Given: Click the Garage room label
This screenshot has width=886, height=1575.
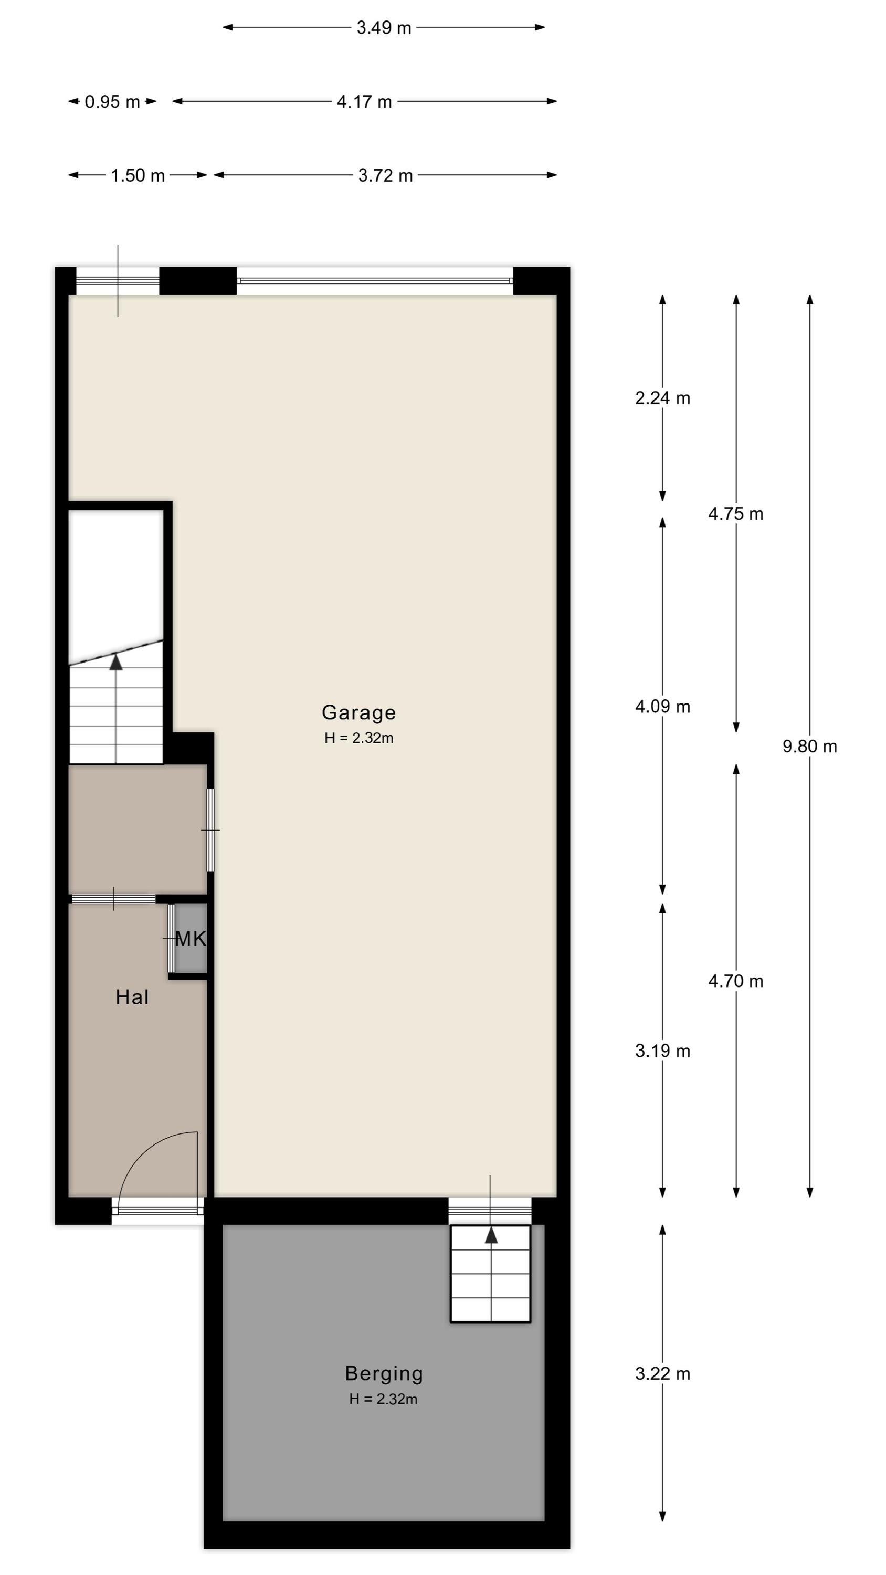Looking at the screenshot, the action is pyautogui.click(x=359, y=713).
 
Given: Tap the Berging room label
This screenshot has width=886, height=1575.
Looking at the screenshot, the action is pyautogui.click(x=384, y=1373).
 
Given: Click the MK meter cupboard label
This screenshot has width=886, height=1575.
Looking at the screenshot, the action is pyautogui.click(x=190, y=939).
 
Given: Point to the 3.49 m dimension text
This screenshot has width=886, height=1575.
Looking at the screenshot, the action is pyautogui.click(x=384, y=27).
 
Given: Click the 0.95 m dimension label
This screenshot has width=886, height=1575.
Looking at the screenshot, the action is pyautogui.click(x=112, y=101).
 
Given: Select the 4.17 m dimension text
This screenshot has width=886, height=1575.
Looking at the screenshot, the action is pyautogui.click(x=364, y=101).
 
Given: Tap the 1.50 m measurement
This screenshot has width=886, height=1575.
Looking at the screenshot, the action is pyautogui.click(x=138, y=175).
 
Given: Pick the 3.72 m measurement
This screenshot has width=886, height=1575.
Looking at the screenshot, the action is pyautogui.click(x=385, y=175).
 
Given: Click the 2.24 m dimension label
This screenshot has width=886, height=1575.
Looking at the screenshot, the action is pyautogui.click(x=663, y=398).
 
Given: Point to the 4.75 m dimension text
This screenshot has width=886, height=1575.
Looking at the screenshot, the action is pyautogui.click(x=736, y=514).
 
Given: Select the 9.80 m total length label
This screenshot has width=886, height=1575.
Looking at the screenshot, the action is pyautogui.click(x=810, y=746).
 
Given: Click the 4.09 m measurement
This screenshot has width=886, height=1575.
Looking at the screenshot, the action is pyautogui.click(x=663, y=707).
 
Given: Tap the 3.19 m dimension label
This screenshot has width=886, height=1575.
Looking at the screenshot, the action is pyautogui.click(x=663, y=1051).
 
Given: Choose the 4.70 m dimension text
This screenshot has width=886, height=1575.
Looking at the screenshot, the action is pyautogui.click(x=736, y=981).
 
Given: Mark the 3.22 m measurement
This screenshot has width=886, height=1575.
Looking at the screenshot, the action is pyautogui.click(x=663, y=1374).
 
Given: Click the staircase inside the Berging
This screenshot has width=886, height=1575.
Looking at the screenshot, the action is pyautogui.click(x=490, y=1274).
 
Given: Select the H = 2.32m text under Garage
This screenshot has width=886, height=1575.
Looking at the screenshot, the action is pyautogui.click(x=359, y=738).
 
